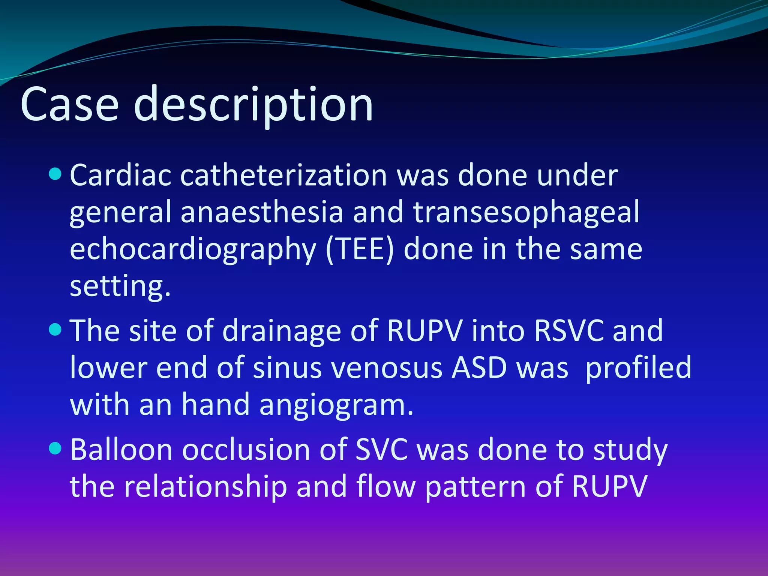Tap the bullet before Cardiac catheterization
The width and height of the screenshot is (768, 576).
coord(55,174)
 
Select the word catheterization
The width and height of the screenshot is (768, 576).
coord(283,175)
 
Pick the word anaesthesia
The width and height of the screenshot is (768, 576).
coord(262,212)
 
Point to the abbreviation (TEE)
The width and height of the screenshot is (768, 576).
coord(360,250)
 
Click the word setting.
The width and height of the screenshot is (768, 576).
coord(120,287)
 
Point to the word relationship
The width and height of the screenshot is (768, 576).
coord(205,487)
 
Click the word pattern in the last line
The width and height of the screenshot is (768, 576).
coord(475,487)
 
